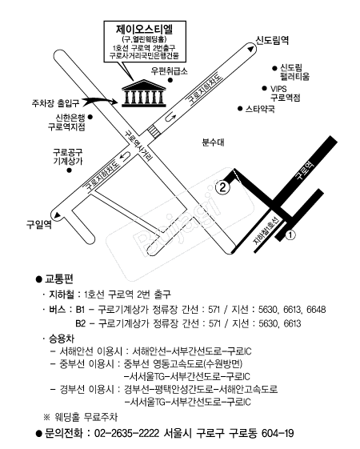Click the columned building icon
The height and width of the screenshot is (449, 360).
click(x=144, y=94)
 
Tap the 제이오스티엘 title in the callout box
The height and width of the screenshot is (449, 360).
click(x=145, y=29)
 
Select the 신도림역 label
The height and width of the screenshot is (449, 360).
click(x=271, y=40)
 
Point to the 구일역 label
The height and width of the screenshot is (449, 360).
click(x=39, y=223)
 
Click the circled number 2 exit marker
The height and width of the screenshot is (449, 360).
click(x=223, y=187)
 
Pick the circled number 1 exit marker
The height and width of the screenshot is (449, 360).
click(x=290, y=235)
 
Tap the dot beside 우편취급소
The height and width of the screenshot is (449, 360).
click(x=170, y=81)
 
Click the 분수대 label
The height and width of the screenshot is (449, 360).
click(x=213, y=142)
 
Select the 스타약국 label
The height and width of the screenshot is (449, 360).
click(x=260, y=109)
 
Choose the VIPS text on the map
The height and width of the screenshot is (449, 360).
click(x=278, y=89)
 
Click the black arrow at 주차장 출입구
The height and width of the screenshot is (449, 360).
click(x=98, y=100)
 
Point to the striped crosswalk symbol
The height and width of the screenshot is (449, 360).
click(x=154, y=132)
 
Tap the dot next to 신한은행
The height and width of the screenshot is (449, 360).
click(x=90, y=117)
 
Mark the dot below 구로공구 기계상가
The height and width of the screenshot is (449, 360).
click(x=69, y=170)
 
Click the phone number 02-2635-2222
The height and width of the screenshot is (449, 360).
click(x=126, y=433)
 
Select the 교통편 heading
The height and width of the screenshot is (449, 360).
click(x=59, y=279)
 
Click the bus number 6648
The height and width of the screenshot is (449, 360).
click(x=316, y=309)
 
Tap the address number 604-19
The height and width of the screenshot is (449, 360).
click(x=278, y=433)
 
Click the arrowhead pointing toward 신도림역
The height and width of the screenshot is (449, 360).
click(x=250, y=49)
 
